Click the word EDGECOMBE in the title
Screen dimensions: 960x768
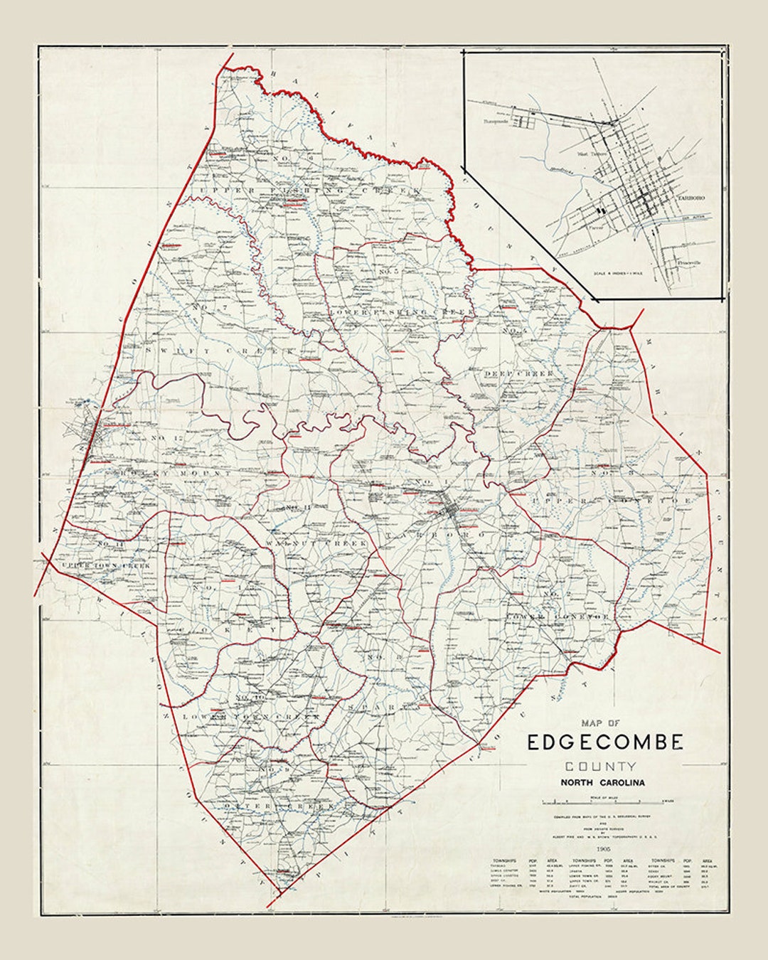[605, 742]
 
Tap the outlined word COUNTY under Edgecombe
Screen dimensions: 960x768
[602, 767]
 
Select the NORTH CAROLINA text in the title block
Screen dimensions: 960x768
[602, 783]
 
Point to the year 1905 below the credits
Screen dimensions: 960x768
[604, 850]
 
